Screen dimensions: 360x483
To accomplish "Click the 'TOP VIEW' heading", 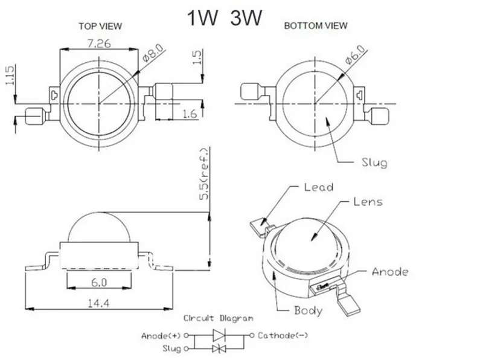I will tap(100, 26).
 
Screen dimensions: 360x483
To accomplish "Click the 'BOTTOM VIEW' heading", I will tap(316, 25).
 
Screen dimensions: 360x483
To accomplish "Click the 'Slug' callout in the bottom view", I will tap(374, 162).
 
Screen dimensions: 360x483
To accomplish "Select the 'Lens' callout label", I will tap(368, 202).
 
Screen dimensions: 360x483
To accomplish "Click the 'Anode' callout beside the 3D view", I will tap(389, 272).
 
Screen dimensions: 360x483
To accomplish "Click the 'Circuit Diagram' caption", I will tap(219, 318).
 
